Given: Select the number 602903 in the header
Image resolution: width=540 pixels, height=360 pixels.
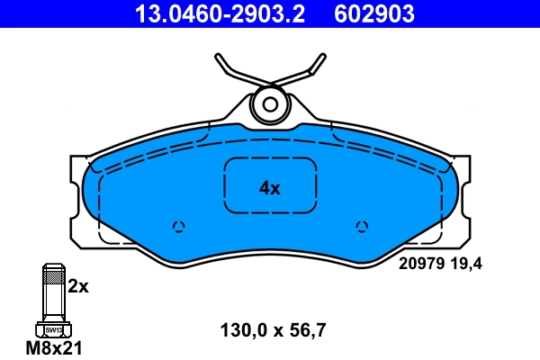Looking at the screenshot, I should pyautogui.click(x=374, y=13).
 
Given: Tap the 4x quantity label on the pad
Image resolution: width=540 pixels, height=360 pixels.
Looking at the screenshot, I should pyautogui.click(x=270, y=188).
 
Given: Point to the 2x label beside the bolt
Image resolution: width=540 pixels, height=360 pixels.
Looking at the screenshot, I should pyautogui.click(x=78, y=287).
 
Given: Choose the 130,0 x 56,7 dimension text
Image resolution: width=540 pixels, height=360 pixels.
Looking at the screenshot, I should pyautogui.click(x=273, y=329).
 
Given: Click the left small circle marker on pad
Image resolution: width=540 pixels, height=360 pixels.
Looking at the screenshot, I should pyautogui.click(x=178, y=226).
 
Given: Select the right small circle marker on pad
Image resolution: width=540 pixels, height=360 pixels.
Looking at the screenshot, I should pyautogui.click(x=362, y=226).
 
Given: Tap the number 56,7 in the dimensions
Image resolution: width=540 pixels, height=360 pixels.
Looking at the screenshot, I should pyautogui.click(x=306, y=329).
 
